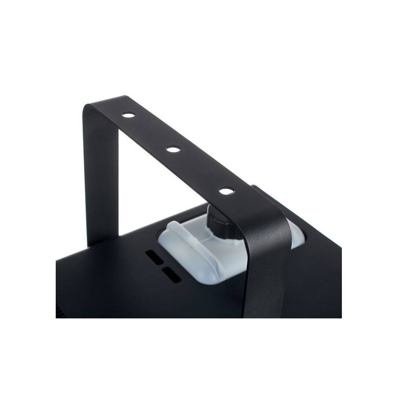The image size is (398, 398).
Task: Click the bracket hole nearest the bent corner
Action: pyautogui.click(x=128, y=115)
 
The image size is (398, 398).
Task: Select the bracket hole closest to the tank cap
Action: pyautogui.click(x=226, y=191)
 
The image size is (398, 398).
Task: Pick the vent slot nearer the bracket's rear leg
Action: pyautogui.click(x=155, y=257)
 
